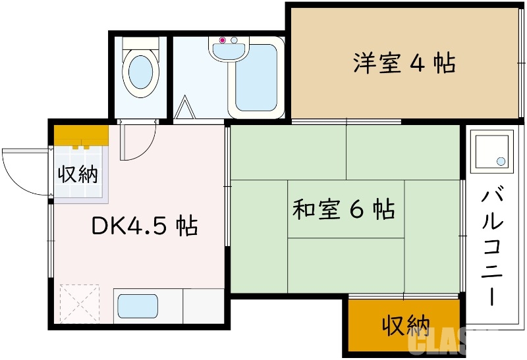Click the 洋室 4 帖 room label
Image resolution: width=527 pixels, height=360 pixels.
click(404, 63)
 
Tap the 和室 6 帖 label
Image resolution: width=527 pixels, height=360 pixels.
click(343, 209)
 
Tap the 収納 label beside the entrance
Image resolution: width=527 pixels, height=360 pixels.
click(78, 174)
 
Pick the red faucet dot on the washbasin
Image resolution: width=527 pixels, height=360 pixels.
click(222, 41)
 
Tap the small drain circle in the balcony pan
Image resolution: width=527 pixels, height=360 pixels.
click(501, 161)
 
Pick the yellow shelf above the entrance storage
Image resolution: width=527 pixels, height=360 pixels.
click(81, 136)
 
